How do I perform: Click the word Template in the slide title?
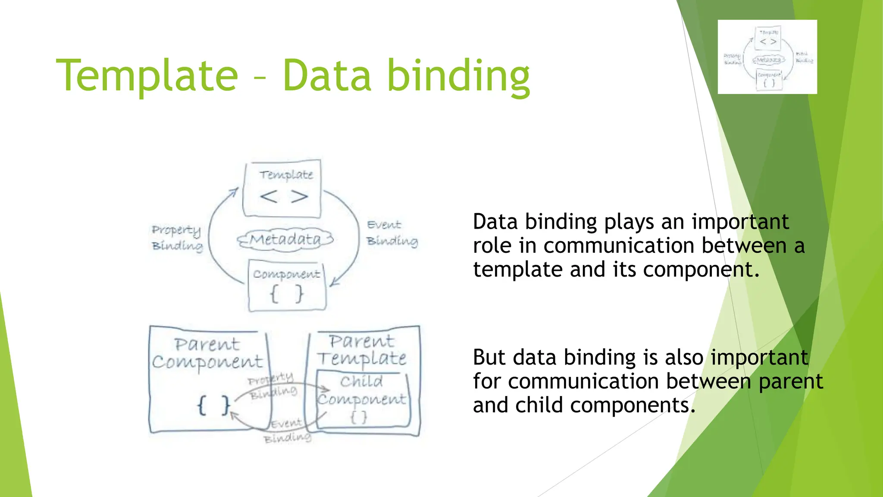pyautogui.click(x=147, y=75)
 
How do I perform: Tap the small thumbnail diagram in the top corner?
pyautogui.click(x=767, y=57)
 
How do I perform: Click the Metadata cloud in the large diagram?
pyautogui.click(x=285, y=239)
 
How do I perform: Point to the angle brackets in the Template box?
pyautogui.click(x=284, y=197)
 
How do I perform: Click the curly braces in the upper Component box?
pyautogui.click(x=287, y=295)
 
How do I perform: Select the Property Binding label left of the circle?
pyautogui.click(x=177, y=237)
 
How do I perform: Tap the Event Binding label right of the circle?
pyautogui.click(x=391, y=233)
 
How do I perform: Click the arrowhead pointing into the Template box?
pyautogui.click(x=235, y=191)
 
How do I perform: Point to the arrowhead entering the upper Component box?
pyautogui.click(x=334, y=283)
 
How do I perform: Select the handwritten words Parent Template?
pyautogui.click(x=362, y=350)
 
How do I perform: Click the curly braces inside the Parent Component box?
pyautogui.click(x=213, y=406)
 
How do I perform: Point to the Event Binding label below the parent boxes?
pyautogui.click(x=287, y=431)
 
